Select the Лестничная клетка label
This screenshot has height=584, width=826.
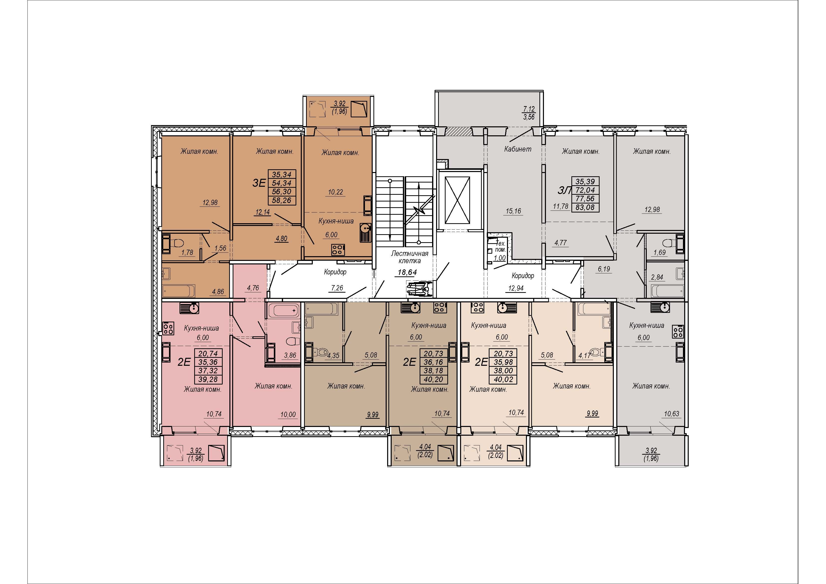[x=410, y=257]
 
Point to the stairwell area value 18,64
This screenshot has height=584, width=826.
[x=407, y=272]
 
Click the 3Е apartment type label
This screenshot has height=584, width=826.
[x=259, y=183]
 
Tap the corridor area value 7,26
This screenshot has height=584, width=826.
[x=337, y=288]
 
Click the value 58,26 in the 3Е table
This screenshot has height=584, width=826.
[x=281, y=200]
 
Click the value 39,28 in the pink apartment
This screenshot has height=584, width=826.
[x=208, y=379]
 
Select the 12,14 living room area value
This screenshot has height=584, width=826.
[x=263, y=212]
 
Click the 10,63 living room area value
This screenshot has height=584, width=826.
[x=671, y=414]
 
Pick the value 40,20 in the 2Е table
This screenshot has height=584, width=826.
[x=433, y=379]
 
